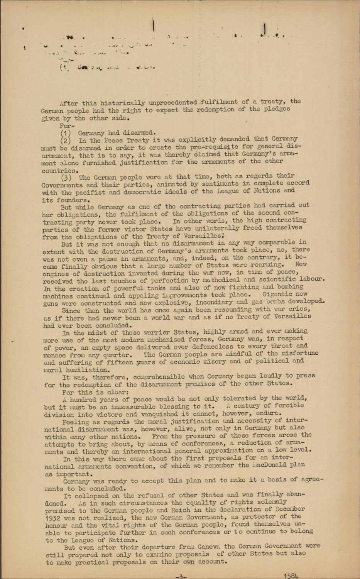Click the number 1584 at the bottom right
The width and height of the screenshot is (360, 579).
click(x=291, y=576)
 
